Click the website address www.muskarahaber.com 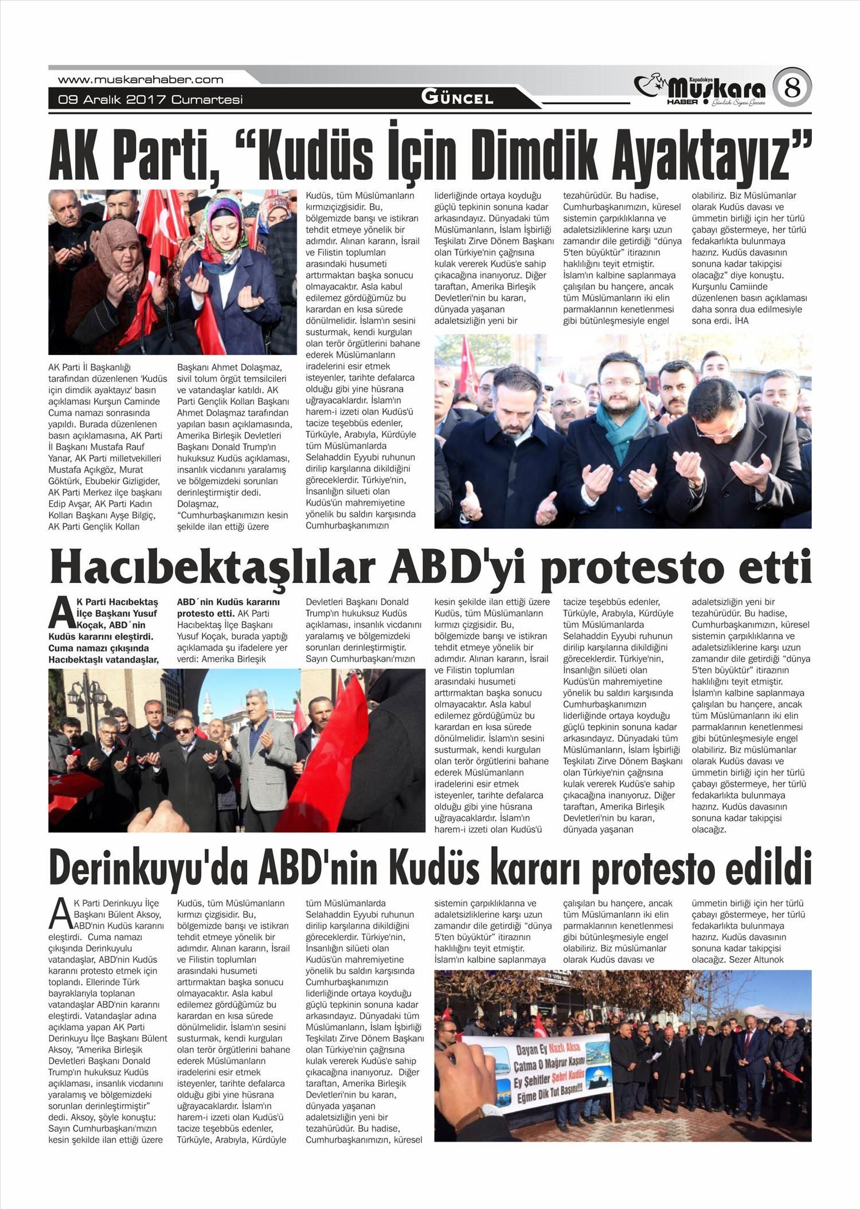pyautogui.click(x=140, y=80)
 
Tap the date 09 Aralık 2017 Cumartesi pyautogui.click(x=150, y=100)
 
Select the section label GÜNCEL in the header pyautogui.click(x=458, y=97)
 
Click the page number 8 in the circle pyautogui.click(x=792, y=88)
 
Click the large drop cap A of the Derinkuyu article pyautogui.click(x=60, y=915)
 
